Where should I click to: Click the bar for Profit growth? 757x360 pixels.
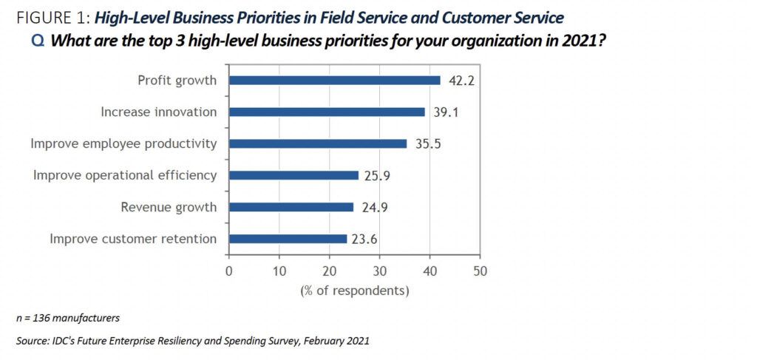tap(334, 80)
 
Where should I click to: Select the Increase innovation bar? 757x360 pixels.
tap(327, 112)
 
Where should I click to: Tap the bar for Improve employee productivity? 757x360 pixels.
tap(318, 143)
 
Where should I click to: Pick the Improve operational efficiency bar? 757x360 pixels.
tap(293, 175)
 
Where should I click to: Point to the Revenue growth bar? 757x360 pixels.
tap(291, 207)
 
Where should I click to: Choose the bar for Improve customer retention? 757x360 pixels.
tap(288, 239)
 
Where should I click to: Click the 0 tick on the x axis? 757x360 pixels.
tap(229, 271)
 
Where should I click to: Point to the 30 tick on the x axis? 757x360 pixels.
tap(379, 271)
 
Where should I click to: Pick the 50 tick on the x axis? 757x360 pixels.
tap(480, 271)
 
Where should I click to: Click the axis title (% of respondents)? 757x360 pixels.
tap(354, 291)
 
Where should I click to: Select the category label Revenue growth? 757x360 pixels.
tap(169, 207)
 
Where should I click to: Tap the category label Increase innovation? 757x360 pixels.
tap(158, 112)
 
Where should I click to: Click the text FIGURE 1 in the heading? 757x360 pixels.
tap(45, 16)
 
